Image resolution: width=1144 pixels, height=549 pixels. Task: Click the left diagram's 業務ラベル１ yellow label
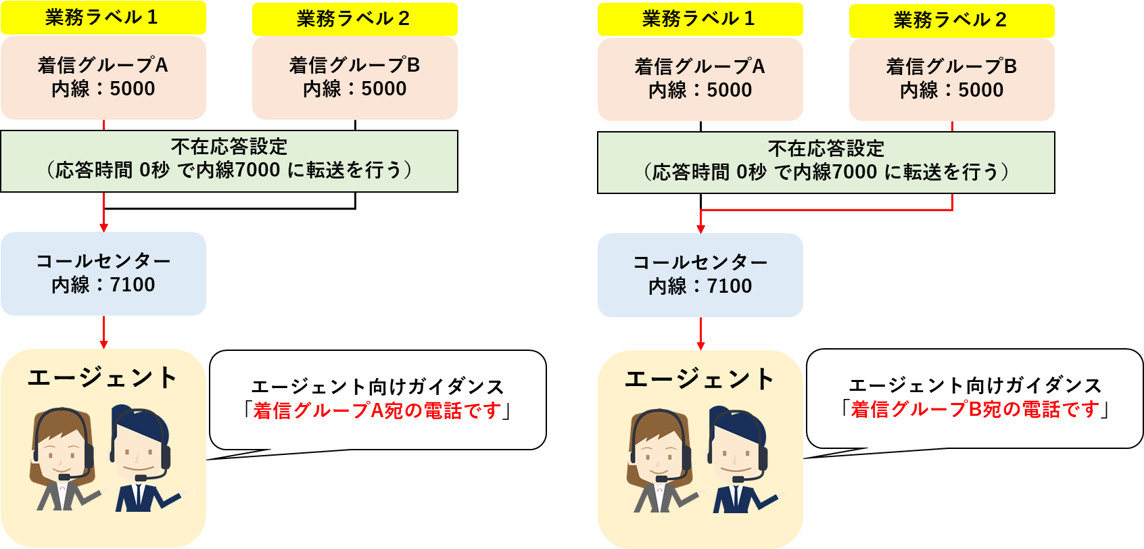[x=103, y=18]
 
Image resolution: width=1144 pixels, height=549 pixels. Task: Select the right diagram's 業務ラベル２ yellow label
[x=952, y=20]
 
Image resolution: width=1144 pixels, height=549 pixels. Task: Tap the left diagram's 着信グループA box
[x=103, y=77]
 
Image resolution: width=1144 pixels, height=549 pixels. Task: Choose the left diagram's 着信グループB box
[x=355, y=78]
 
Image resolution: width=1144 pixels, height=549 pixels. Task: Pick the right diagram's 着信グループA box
[x=700, y=79]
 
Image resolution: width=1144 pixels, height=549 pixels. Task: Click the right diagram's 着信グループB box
[x=952, y=79]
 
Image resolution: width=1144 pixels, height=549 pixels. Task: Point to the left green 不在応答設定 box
[x=229, y=162]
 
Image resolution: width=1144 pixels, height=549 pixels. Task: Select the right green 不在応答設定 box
[x=826, y=162]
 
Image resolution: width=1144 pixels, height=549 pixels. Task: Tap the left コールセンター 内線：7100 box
[x=103, y=274]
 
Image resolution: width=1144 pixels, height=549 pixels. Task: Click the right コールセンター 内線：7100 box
[x=700, y=275]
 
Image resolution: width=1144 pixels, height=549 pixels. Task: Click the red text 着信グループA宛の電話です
[x=377, y=410]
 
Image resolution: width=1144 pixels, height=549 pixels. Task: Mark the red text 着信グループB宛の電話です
[x=975, y=409]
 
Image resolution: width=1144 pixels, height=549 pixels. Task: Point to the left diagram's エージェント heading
[x=103, y=378]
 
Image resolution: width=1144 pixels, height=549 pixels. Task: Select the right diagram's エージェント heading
[x=699, y=379]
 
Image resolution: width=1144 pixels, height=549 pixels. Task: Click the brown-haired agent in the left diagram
[x=64, y=460]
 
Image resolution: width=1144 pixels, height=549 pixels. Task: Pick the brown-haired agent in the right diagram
[x=662, y=460]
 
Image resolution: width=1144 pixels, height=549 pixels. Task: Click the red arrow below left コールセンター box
[x=103, y=333]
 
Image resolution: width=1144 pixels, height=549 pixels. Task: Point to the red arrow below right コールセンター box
[x=700, y=334]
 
